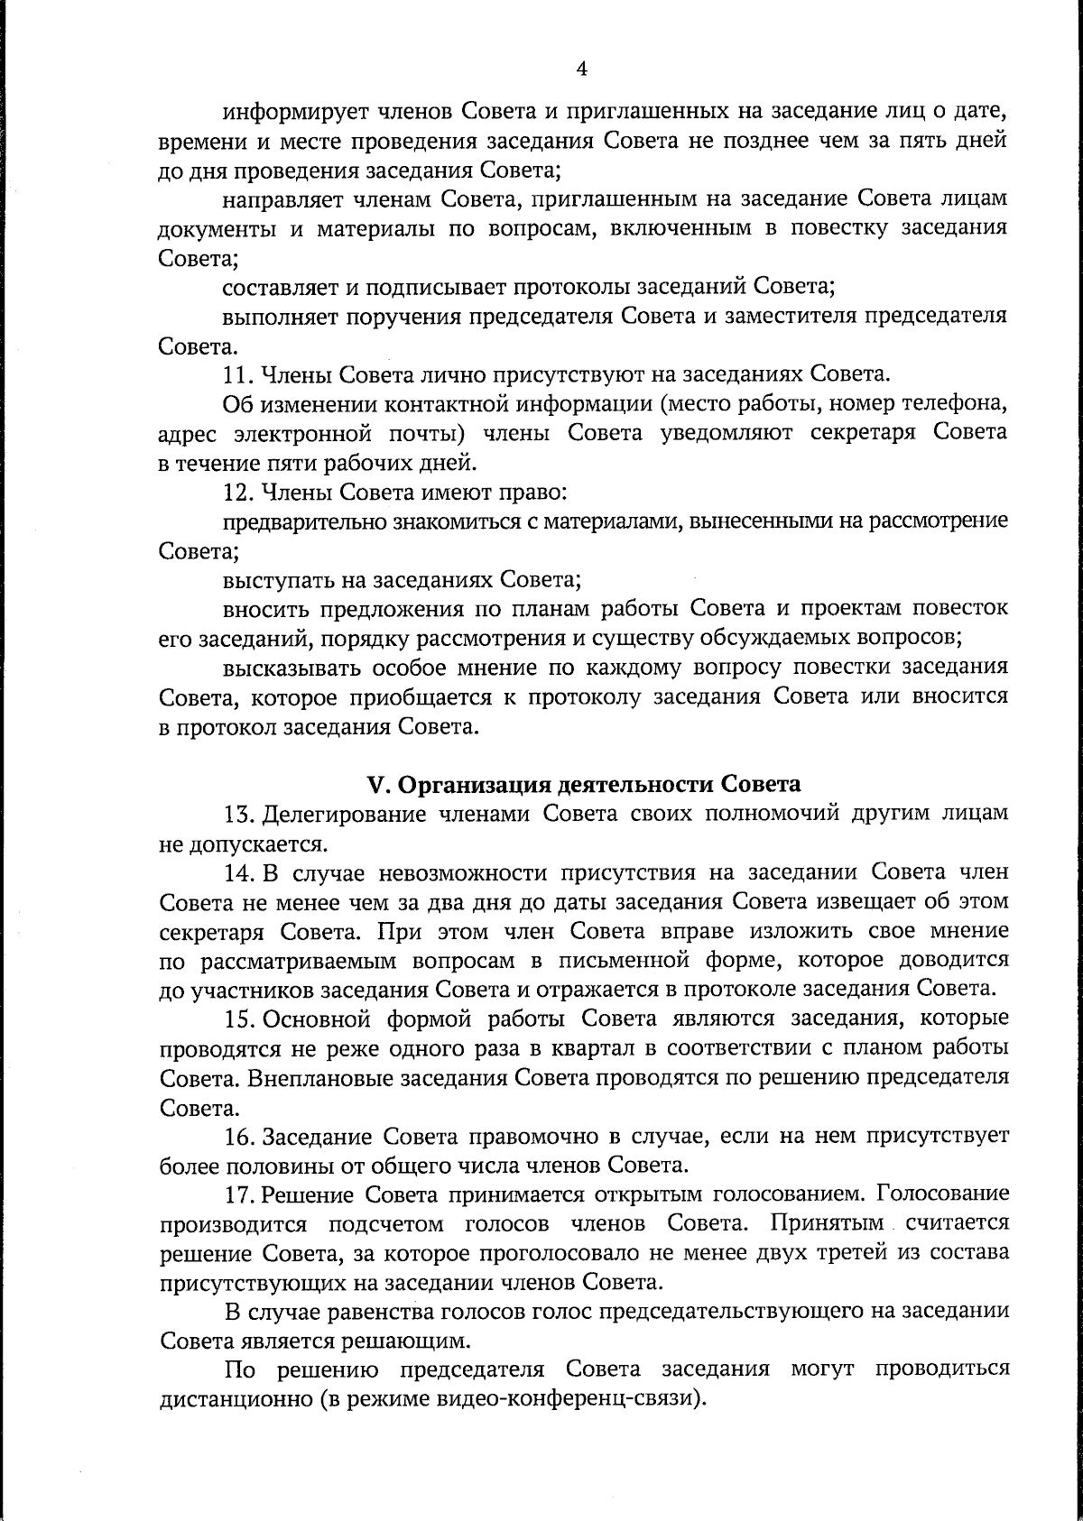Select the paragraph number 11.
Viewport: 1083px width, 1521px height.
235,374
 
